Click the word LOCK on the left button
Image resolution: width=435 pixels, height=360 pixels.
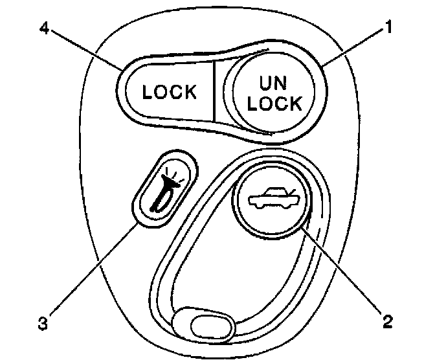[170, 92]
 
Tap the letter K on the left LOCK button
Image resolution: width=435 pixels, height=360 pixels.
[189, 92]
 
